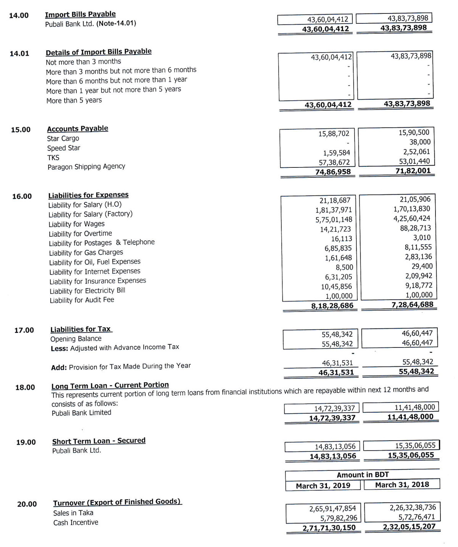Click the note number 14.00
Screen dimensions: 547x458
tap(19, 15)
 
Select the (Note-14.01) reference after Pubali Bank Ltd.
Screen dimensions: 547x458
tap(116, 23)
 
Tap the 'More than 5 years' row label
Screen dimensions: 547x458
tap(74, 101)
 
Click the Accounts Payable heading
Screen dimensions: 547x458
tap(77, 128)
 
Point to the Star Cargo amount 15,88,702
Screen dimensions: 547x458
tap(334, 133)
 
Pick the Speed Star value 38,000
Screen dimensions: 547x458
tap(420, 142)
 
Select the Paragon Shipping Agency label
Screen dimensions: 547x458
tap(86, 167)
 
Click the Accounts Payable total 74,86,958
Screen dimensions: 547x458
tap(333, 172)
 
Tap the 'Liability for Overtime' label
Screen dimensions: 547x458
tap(80, 234)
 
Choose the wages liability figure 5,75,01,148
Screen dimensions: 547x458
tap(334, 219)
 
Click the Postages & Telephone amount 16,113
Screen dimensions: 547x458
tap(342, 239)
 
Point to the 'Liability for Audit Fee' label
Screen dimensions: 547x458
tap(82, 300)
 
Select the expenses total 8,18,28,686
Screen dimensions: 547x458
tap(332, 306)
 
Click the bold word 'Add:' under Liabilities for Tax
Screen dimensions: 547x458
tap(59, 367)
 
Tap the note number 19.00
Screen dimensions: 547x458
tap(26, 442)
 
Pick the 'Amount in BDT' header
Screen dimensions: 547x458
tap(363, 475)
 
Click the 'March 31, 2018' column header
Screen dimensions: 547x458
tap(402, 485)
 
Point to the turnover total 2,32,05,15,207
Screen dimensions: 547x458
tap(409, 527)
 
